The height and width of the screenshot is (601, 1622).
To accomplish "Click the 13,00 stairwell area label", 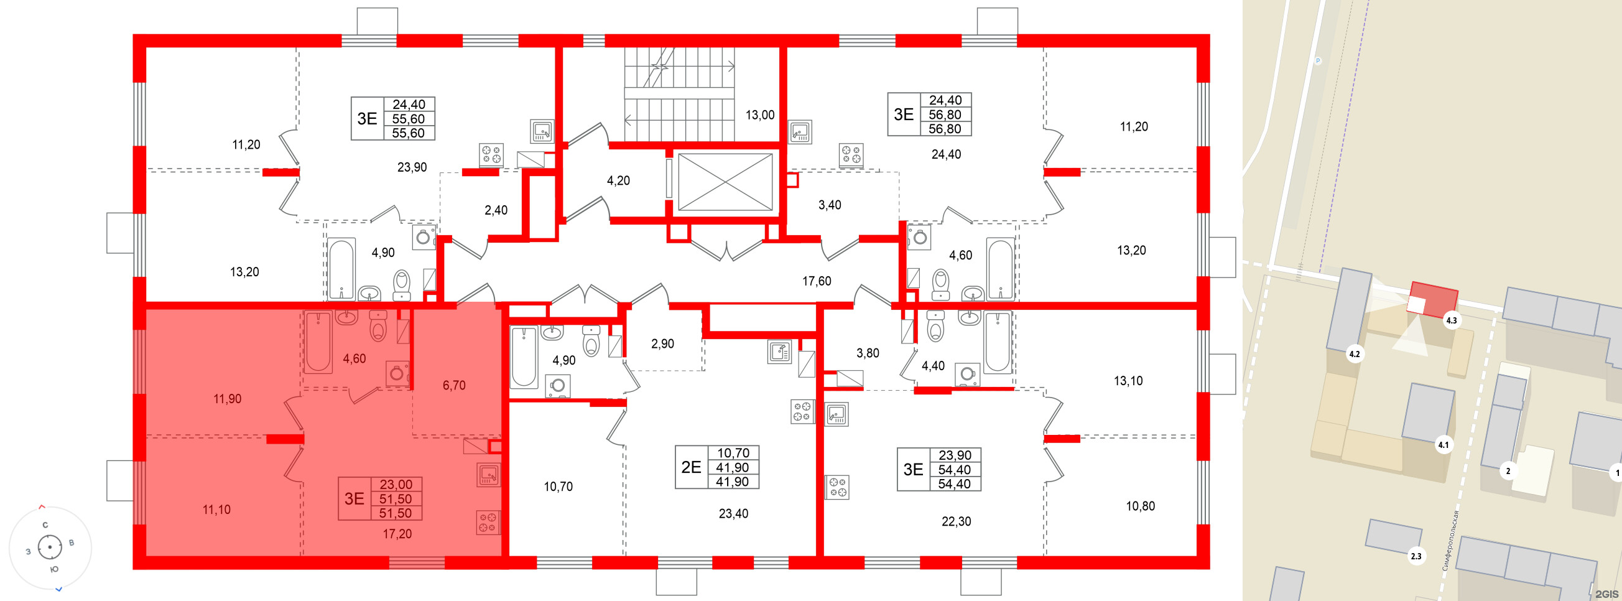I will click(x=759, y=115).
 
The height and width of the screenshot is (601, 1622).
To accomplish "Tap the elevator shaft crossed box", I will click(x=725, y=182).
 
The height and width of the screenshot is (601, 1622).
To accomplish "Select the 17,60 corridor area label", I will click(x=816, y=282).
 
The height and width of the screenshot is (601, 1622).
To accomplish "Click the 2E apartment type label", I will click(x=691, y=467).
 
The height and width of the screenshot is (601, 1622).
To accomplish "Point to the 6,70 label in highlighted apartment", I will click(x=454, y=386).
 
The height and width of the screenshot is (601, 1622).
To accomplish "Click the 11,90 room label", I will click(x=227, y=399).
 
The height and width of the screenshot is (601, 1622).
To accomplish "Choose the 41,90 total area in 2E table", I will click(x=733, y=467).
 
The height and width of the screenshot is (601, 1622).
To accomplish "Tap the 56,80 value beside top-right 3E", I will click(x=945, y=114).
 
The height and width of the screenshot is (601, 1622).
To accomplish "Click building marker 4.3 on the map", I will click(x=1451, y=320).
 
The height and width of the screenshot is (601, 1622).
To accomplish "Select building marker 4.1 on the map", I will click(x=1442, y=445).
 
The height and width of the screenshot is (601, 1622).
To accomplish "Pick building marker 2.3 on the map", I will click(x=1416, y=556).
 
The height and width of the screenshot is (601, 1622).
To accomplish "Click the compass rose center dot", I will click(x=50, y=547).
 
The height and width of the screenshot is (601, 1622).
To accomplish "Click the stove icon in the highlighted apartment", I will click(x=488, y=522).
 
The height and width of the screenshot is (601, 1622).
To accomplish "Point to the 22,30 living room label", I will click(x=956, y=521).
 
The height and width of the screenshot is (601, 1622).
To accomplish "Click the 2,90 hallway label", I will click(x=662, y=344).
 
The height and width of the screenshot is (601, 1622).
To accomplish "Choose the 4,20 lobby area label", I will click(x=618, y=181).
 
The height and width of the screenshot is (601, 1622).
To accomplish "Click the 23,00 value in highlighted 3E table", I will click(x=396, y=485).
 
